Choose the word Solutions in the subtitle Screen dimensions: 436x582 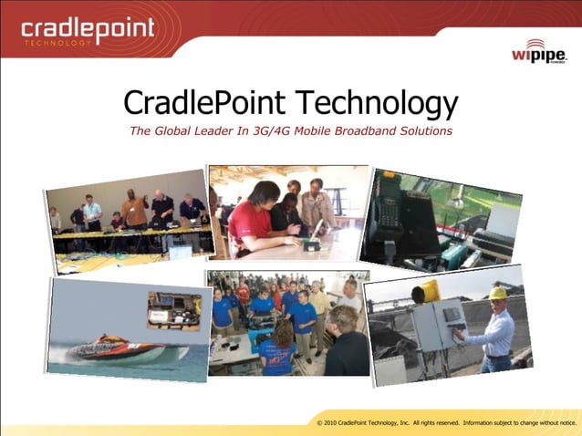(x=426, y=130)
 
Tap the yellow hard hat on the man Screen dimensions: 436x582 (x=497, y=293)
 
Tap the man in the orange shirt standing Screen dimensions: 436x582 (x=135, y=211)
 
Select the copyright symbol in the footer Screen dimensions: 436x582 (x=319, y=423)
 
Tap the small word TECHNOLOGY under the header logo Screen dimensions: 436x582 (x=57, y=42)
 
